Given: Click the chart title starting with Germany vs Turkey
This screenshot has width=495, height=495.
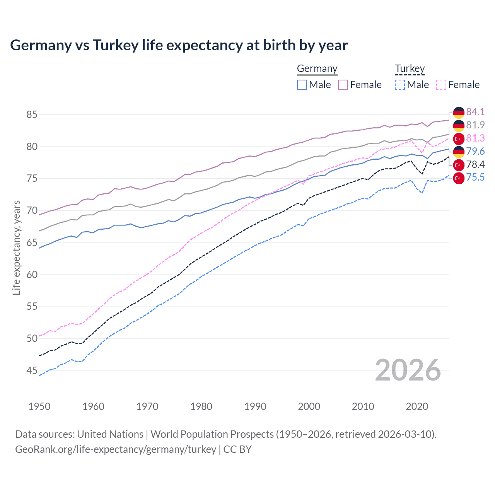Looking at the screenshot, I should click(x=179, y=45).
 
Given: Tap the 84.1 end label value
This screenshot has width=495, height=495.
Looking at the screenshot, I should click(x=475, y=112).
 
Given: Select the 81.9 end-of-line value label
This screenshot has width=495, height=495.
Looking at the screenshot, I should click(x=475, y=125).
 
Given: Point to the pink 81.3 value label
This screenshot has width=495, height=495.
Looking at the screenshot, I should click(x=475, y=138).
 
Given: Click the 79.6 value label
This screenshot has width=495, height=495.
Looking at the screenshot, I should click(x=475, y=151).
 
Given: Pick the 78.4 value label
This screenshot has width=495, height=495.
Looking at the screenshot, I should click(x=475, y=164).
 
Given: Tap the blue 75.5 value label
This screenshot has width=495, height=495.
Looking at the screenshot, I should click(x=475, y=178).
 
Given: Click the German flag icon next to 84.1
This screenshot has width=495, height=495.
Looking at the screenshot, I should click(x=459, y=112).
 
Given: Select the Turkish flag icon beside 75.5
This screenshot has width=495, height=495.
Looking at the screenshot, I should click(x=459, y=178).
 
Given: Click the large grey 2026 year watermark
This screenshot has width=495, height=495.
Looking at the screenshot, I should click(x=408, y=370).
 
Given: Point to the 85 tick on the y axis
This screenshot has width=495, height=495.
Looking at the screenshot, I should click(x=32, y=114).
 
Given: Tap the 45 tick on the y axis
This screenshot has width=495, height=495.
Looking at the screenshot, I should click(x=32, y=370).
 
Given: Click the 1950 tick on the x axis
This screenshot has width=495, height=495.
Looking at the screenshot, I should click(x=39, y=406).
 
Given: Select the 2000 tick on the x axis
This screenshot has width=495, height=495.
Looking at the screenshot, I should click(x=309, y=406).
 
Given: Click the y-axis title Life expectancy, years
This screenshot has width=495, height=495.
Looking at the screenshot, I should click(x=16, y=247).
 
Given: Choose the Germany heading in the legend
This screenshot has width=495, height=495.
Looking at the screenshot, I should click(x=317, y=68).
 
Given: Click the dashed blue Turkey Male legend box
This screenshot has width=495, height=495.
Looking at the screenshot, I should click(x=400, y=85).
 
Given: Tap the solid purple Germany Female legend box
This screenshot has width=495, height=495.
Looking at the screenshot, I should click(x=343, y=85).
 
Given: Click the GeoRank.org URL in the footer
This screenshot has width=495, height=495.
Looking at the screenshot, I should click(x=116, y=449).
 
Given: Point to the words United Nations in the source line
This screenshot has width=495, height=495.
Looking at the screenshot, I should click(x=110, y=434).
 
